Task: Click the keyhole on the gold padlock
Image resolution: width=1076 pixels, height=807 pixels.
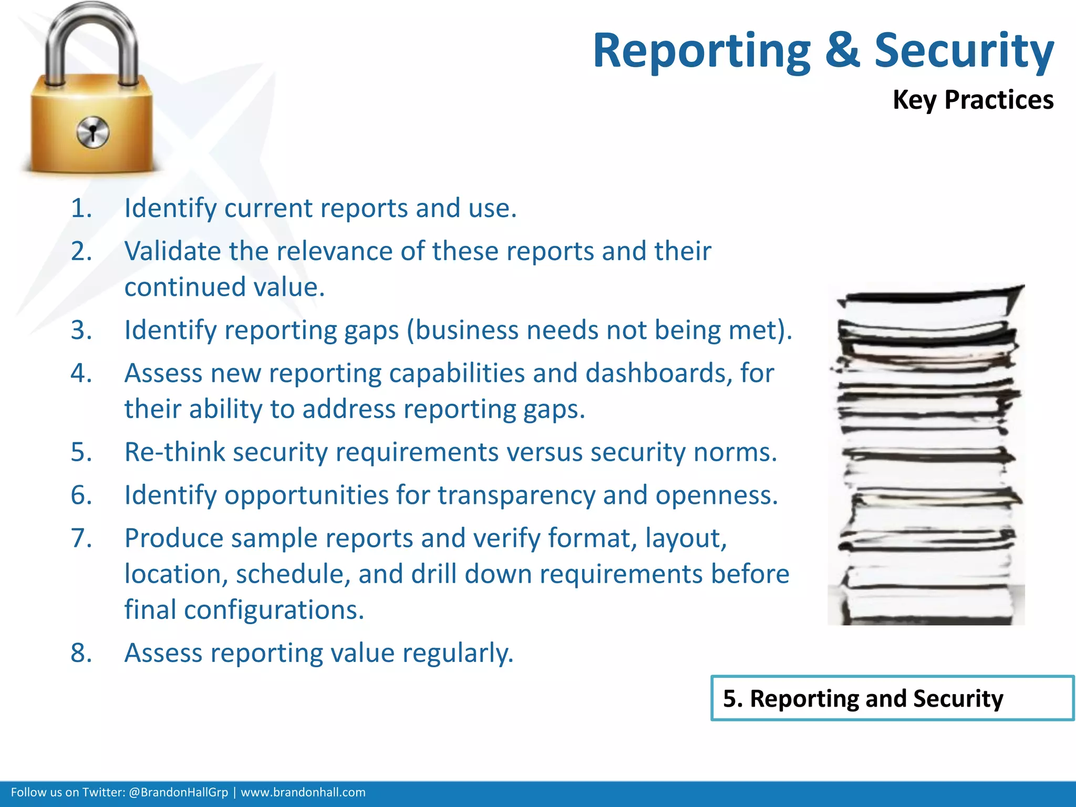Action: pos(92,132)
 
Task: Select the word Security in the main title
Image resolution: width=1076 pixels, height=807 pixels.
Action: pos(964,51)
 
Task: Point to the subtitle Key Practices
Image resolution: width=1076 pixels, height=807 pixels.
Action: pos(972,100)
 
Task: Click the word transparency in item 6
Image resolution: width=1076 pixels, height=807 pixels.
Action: pos(516,495)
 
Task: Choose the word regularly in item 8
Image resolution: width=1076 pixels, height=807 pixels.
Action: pos(458,654)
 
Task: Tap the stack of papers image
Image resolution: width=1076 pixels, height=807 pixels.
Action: pos(926,454)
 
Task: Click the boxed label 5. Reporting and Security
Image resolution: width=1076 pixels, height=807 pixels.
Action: pos(892,698)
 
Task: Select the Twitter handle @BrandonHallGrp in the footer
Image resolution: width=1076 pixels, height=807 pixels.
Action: pos(178,792)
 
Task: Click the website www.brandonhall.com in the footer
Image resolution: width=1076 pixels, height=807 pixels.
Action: pos(303,792)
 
